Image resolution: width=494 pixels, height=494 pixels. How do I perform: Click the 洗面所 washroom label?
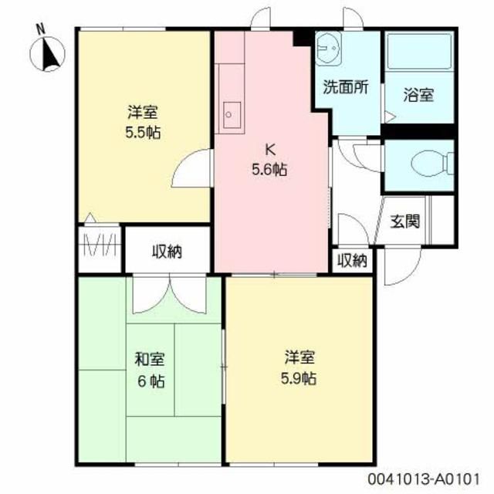[343, 87]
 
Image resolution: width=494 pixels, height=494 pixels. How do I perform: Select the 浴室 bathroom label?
[418, 96]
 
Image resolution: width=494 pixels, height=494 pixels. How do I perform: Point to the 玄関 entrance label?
[404, 222]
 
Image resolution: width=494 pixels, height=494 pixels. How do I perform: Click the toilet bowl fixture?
[426, 164]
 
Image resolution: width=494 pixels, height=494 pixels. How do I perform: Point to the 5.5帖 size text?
[143, 131]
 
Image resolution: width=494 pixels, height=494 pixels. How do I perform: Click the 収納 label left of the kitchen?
[166, 252]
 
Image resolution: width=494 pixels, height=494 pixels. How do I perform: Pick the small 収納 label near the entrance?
[352, 261]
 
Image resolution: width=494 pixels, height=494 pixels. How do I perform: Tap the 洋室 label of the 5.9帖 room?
[298, 357]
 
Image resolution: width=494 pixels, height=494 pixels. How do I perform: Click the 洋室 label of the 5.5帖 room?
[144, 110]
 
